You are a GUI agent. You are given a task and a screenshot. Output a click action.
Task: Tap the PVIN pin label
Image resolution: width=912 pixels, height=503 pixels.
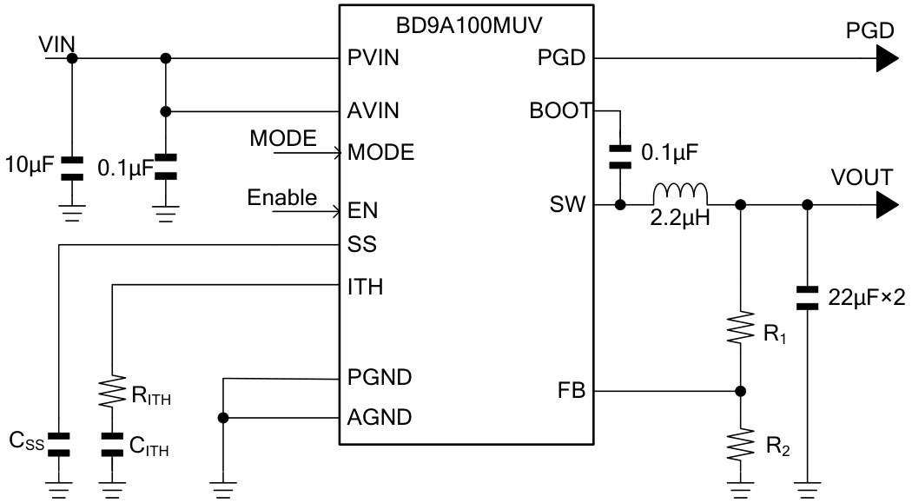click(373, 59)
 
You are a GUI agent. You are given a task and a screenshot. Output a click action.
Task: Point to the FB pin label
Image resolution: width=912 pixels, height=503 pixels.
click(574, 391)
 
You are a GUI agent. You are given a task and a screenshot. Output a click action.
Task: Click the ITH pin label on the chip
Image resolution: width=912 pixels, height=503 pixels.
click(364, 286)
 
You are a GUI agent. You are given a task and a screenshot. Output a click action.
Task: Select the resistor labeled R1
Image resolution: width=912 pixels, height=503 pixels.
click(740, 328)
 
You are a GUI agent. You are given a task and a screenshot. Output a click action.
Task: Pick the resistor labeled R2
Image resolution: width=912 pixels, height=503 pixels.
click(740, 444)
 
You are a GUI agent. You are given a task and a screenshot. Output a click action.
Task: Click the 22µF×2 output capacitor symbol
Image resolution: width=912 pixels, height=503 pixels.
click(808, 298)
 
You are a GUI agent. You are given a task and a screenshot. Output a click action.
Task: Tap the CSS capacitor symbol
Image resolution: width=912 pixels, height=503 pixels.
click(58, 444)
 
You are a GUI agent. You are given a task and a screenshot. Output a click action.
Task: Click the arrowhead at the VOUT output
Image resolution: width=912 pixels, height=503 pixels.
click(884, 205)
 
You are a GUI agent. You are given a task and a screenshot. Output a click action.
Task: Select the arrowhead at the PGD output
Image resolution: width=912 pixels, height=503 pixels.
click(884, 59)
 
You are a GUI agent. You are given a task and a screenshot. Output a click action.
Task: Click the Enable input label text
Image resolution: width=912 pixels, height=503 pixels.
click(281, 197)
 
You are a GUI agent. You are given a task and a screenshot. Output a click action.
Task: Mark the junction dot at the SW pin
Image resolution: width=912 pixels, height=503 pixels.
click(620, 205)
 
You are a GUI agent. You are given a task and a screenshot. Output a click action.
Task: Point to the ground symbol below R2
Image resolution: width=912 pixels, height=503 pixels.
click(740, 488)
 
